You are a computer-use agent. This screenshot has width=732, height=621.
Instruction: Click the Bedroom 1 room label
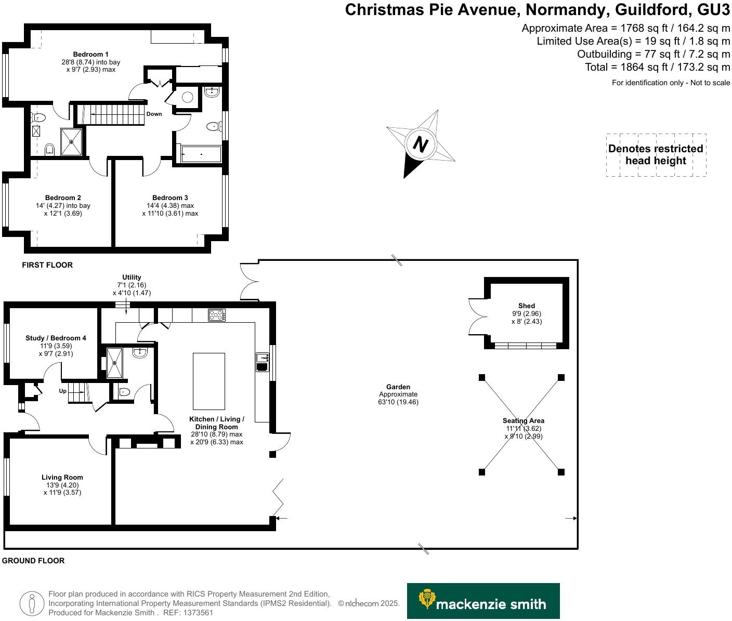pyautogui.click(x=90, y=54)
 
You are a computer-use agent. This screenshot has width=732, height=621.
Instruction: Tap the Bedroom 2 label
pyautogui.click(x=63, y=197)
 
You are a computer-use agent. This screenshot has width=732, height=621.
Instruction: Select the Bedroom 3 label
pyautogui.click(x=170, y=197)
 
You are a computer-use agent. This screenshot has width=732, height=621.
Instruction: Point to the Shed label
pyautogui.click(x=526, y=306)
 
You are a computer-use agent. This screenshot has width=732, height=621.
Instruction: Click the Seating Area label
pyautogui.click(x=523, y=420)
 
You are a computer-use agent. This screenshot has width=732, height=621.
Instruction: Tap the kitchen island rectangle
pyautogui.click(x=209, y=381)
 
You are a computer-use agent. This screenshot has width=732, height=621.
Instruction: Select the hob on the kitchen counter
pyautogui.click(x=216, y=315)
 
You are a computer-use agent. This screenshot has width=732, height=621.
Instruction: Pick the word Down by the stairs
pyautogui.click(x=154, y=114)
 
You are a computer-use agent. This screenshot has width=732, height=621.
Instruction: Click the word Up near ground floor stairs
pyautogui.click(x=63, y=391)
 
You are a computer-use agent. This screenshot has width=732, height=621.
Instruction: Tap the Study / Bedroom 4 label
pyautogui.click(x=56, y=338)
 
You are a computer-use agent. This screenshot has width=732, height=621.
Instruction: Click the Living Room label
pyautogui.click(x=62, y=477)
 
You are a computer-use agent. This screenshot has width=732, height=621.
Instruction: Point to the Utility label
pyautogui.click(x=132, y=277)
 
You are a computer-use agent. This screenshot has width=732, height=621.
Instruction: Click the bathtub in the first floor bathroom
pyautogui.click(x=201, y=154)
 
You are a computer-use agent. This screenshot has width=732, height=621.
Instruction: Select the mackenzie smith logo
pyautogui.click(x=483, y=601)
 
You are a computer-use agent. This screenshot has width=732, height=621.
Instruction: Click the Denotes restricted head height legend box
pyautogui.click(x=656, y=155)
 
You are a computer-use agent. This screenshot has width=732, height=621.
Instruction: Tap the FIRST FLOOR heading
pyautogui.click(x=47, y=265)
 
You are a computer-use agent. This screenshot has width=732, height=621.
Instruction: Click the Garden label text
pyautogui.click(x=398, y=387)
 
